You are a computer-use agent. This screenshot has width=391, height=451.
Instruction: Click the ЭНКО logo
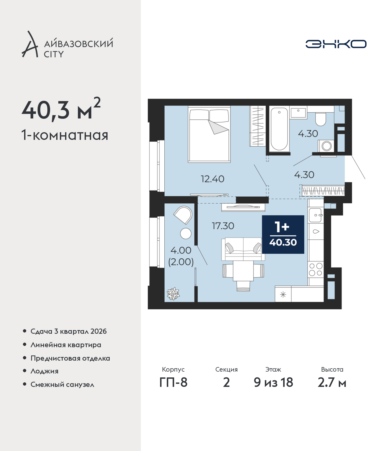tap(336, 44)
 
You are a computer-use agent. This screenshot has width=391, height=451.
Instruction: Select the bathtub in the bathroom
tap(279, 129)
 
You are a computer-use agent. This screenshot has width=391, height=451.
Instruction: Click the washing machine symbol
tap(326, 146)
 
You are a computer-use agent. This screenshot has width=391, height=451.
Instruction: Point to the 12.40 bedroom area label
tap(212, 179)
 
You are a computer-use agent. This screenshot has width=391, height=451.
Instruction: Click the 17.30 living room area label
tap(223, 226)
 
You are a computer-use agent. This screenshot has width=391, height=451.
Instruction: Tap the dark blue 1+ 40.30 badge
tap(283, 234)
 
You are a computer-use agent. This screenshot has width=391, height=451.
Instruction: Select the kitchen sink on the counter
tap(316, 215)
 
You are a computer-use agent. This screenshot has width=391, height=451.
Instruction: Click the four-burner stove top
tap(316, 269)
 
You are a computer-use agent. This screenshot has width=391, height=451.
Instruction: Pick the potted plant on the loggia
tap(173, 294)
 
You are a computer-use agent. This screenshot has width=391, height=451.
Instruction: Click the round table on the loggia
tap(186, 234)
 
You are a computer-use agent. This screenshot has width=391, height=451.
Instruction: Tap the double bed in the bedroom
tap(209, 134)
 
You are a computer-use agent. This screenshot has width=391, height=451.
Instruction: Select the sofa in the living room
tap(243, 249)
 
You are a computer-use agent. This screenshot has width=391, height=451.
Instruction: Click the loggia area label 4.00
tap(181, 250)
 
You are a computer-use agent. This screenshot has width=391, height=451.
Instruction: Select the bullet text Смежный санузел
tap(62, 384)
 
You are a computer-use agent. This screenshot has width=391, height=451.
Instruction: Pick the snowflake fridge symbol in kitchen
tap(283, 295)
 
